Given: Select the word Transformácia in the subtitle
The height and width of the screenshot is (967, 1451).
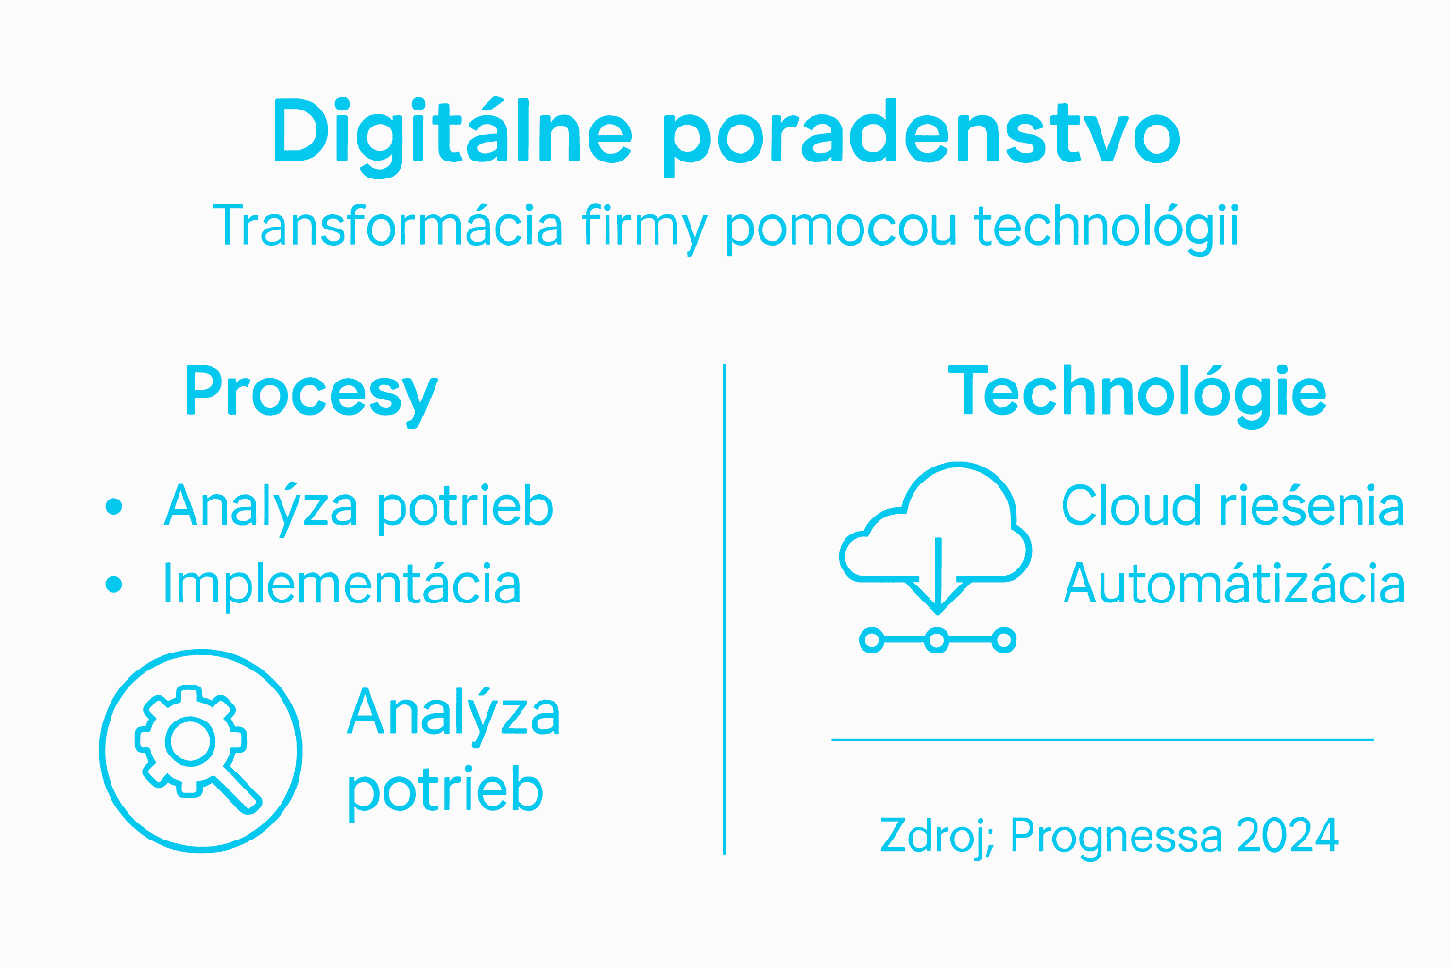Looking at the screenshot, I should (388, 226).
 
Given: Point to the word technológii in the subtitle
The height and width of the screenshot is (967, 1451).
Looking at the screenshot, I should (1105, 227).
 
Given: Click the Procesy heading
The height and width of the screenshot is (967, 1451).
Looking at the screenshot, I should (311, 393).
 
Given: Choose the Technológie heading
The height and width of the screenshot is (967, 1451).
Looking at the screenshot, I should (1137, 393).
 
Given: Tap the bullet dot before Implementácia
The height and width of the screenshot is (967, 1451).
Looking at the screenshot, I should (114, 585).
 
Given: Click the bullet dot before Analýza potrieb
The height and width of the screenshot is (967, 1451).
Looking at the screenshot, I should (114, 506).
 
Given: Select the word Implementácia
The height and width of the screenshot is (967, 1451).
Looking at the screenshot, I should (341, 584).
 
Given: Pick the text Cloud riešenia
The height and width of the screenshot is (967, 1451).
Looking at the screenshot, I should (1232, 506).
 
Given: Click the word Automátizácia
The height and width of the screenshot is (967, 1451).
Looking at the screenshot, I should (1234, 584).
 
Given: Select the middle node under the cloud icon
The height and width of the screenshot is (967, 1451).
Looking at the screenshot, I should (936, 640).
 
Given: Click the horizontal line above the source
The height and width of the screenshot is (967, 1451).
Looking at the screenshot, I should (1101, 740).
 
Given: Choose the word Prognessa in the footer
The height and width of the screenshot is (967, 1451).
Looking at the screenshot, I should (1115, 837).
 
